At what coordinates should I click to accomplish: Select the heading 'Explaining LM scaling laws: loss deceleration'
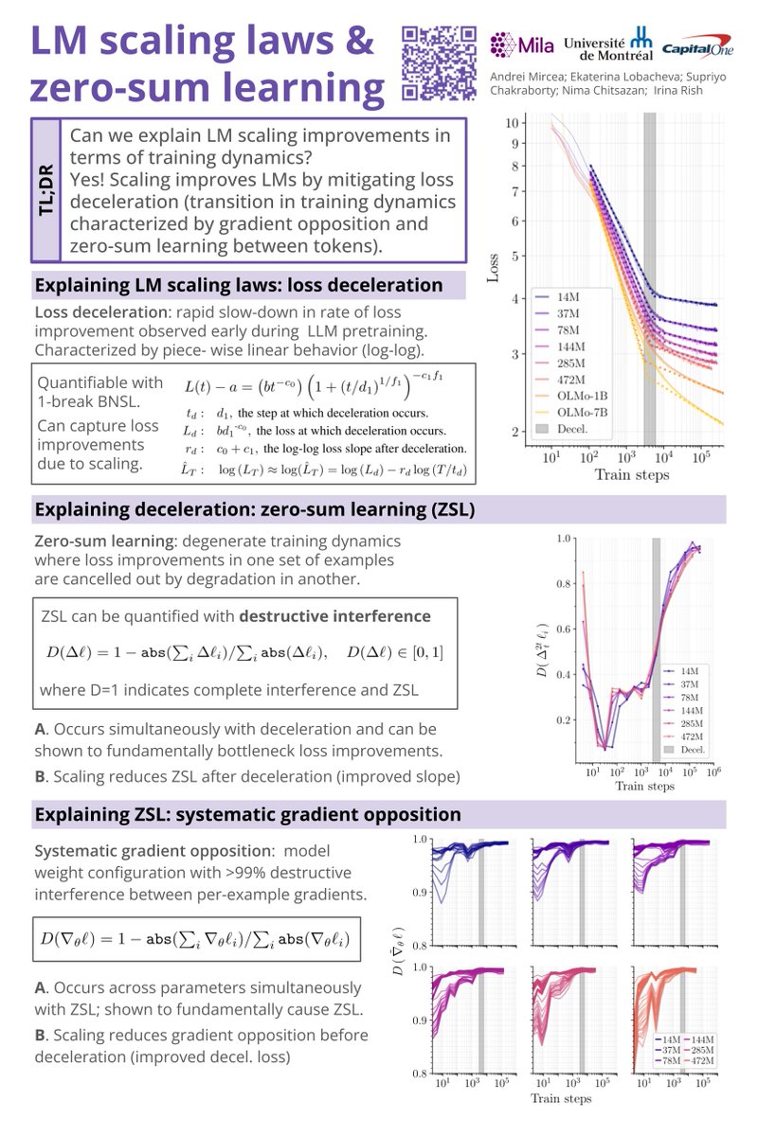coord(239,285)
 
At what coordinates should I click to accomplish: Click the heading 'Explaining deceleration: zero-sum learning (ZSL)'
coord(254,510)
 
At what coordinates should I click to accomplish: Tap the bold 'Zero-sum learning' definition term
coord(97,541)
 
